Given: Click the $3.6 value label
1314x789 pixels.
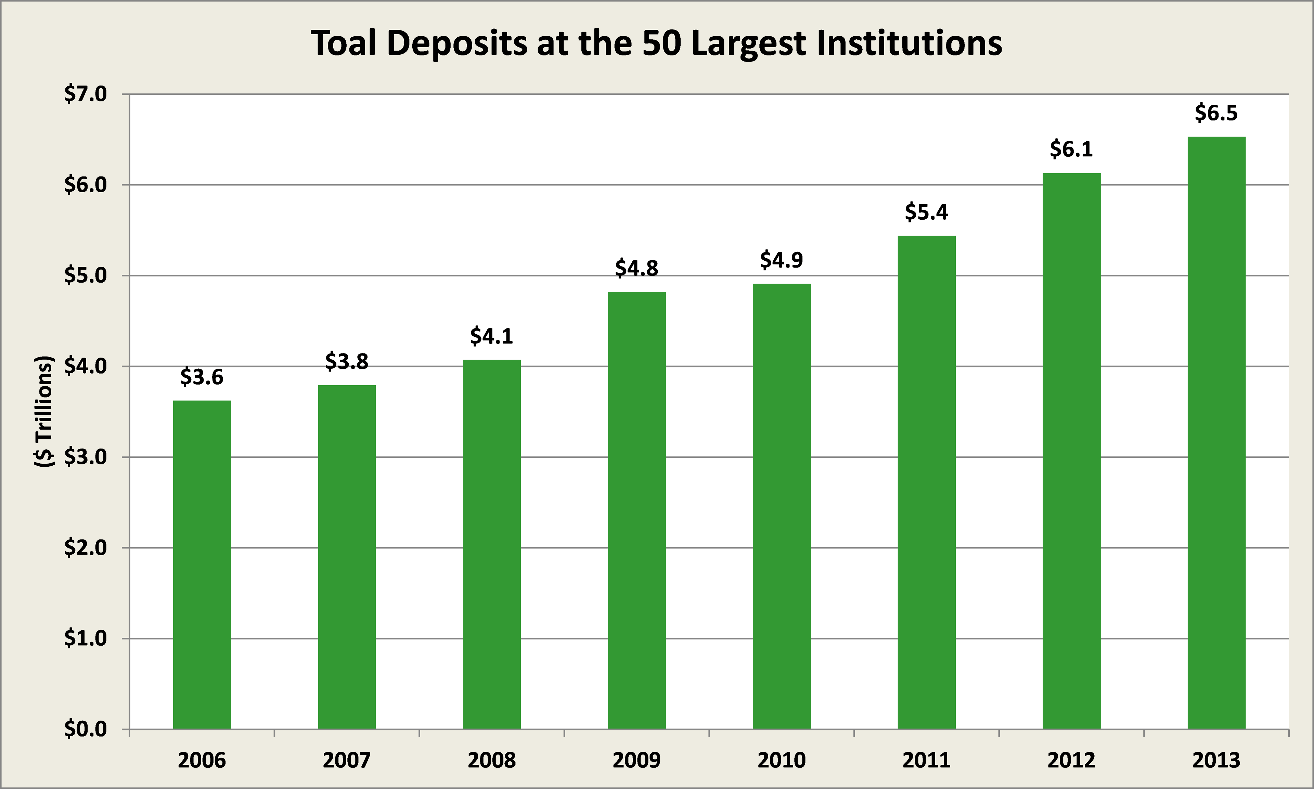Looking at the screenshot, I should [x=202, y=377].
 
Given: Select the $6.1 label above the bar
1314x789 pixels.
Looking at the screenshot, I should [x=1071, y=149].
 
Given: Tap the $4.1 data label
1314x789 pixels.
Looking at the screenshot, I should [x=492, y=336].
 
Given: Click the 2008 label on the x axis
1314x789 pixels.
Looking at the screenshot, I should [x=492, y=760].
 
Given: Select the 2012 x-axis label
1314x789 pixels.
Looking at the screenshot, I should [x=1071, y=760].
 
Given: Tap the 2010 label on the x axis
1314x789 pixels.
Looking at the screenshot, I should [x=781, y=760].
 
